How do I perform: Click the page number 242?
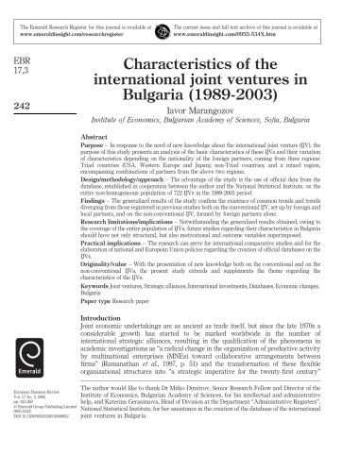pos(26,107)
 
